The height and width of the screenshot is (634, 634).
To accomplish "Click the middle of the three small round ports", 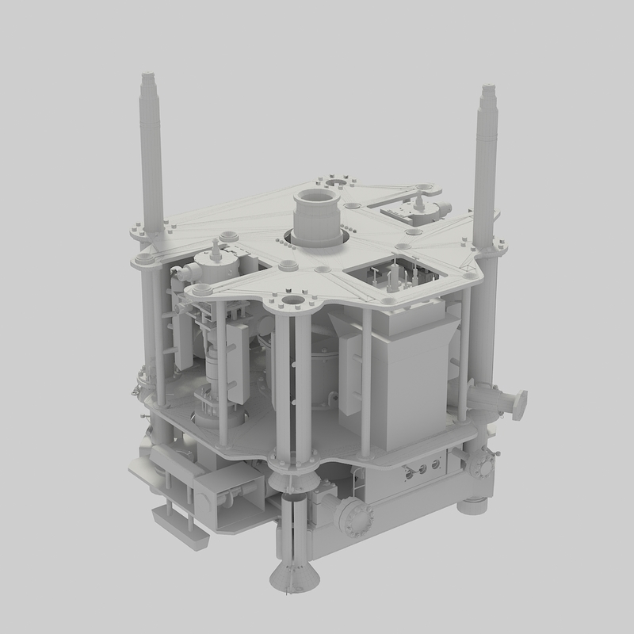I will [422, 469].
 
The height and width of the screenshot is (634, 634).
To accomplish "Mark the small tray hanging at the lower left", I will [181, 523].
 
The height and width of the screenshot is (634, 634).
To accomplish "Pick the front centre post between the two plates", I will [302, 380].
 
